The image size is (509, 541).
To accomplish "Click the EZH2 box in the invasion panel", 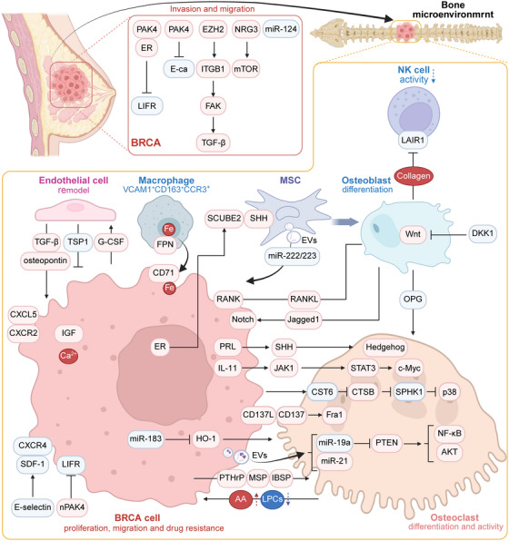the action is pos(213,29).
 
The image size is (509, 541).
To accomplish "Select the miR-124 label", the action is pos(281,29).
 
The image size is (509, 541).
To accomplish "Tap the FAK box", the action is pos(213,105).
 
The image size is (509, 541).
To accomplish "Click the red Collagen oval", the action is pos(414,176).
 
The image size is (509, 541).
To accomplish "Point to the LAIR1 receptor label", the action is pos(414,140).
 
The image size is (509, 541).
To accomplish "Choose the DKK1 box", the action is pos(483,233).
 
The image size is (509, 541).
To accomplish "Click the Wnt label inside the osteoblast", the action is pos(413,234).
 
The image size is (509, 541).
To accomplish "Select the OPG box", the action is pos(413,299).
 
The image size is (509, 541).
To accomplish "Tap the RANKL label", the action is pos(304,299).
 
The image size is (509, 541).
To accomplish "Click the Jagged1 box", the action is pos(304,320).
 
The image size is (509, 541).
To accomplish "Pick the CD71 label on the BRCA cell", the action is pos(164,273).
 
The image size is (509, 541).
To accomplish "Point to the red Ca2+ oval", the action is pos(68,356).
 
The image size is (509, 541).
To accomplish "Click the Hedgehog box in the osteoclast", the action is pos(385,347).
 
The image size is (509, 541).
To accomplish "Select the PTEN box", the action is pos(386,442).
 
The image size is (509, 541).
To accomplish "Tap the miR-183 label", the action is pos(145,438).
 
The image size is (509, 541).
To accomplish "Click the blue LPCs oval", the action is pos(273,499).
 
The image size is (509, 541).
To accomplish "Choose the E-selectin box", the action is pos(33,507).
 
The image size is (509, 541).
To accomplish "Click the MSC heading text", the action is pos(290,180).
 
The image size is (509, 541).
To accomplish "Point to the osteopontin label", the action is pos(45,261).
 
